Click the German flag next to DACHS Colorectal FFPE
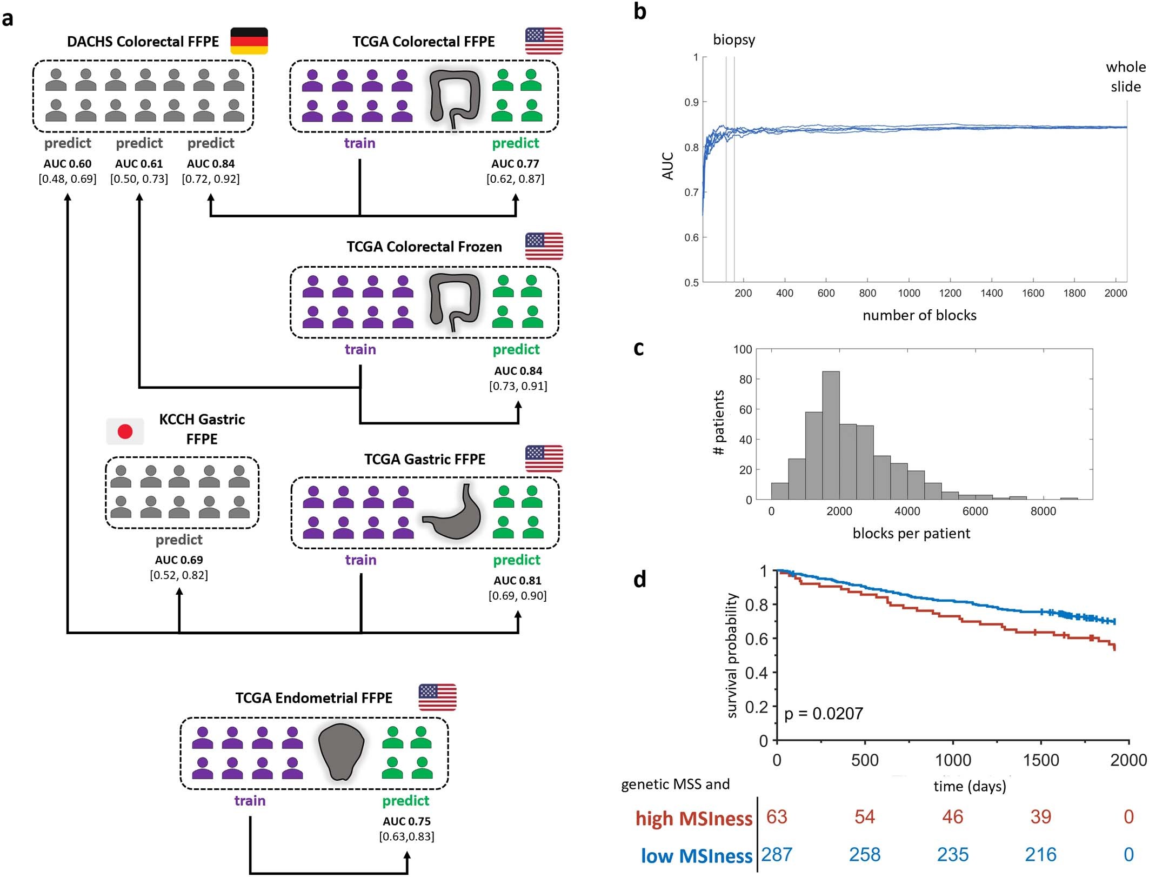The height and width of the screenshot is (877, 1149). click(x=249, y=41)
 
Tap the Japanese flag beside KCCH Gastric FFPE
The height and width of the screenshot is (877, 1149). click(x=125, y=431)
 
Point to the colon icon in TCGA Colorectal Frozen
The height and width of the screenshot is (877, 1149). click(x=454, y=302)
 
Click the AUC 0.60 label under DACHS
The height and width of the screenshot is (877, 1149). click(x=68, y=164)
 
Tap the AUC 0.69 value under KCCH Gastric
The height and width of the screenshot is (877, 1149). click(x=179, y=560)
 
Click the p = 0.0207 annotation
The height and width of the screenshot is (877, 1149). click(x=823, y=714)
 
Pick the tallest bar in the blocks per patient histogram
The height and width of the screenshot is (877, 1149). click(x=831, y=435)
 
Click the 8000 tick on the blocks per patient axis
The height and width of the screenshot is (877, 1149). click(x=1043, y=511)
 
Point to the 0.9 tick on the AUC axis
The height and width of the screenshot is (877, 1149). click(x=691, y=102)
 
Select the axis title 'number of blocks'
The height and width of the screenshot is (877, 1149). click(x=919, y=316)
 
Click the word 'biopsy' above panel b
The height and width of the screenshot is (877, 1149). click(x=734, y=40)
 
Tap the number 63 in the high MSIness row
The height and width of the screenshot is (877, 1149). click(x=777, y=816)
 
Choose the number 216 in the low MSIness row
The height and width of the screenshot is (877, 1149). click(x=1040, y=854)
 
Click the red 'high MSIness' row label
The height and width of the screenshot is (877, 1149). click(x=693, y=819)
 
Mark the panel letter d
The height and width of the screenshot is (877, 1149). click(x=640, y=579)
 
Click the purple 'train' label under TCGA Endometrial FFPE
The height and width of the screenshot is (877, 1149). click(x=250, y=801)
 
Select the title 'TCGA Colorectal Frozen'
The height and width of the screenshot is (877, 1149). click(x=424, y=247)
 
